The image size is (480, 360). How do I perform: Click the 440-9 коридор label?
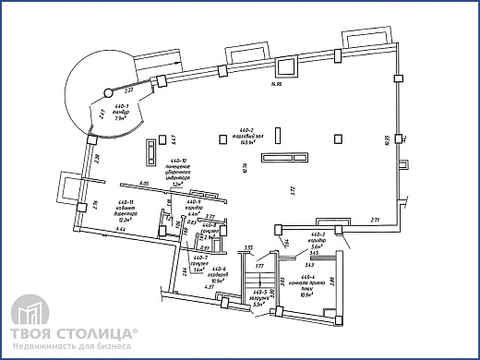(194, 208)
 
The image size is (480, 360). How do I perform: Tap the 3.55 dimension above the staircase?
(248, 247)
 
